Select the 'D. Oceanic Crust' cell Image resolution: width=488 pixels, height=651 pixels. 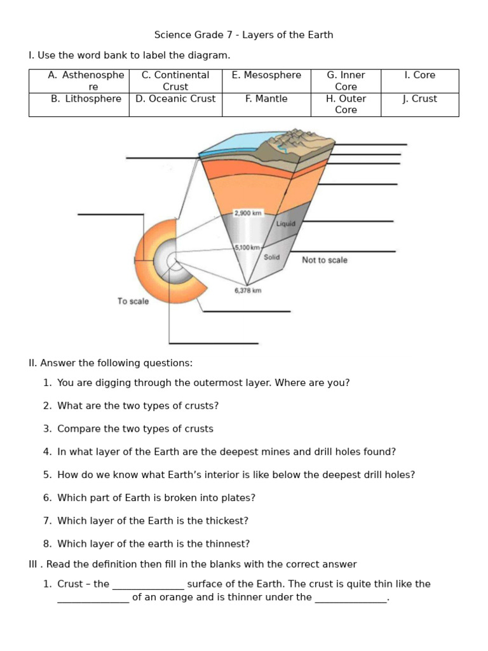[x=175, y=99]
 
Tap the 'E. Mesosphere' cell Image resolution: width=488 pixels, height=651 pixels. [x=266, y=75]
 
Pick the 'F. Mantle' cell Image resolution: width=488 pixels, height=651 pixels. [x=266, y=99]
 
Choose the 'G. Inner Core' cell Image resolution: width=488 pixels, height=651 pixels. [x=346, y=81]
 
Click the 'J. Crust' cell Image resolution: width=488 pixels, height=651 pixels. [x=419, y=99]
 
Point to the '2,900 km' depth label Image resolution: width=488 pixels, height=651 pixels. [x=248, y=214]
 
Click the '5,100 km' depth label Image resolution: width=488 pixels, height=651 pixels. [x=247, y=247]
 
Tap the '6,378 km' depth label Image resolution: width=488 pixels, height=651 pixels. [x=248, y=291]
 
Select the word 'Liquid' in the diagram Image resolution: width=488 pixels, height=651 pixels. [x=285, y=224]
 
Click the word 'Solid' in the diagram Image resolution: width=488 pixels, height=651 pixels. [x=272, y=257]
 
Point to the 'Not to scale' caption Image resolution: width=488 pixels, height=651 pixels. [x=325, y=260]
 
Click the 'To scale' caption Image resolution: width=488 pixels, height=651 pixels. [x=133, y=301]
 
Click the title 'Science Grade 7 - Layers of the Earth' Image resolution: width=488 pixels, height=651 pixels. [x=243, y=35]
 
